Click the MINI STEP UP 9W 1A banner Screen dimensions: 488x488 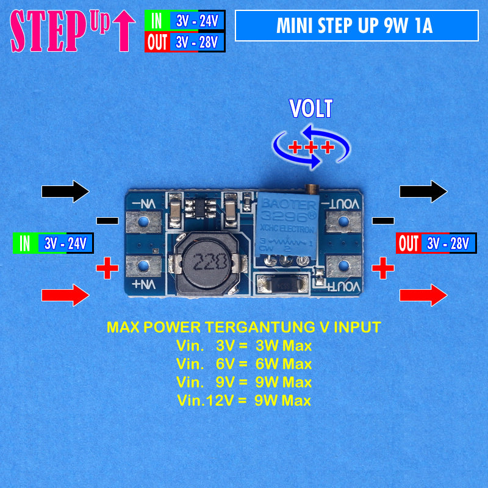point(356,26)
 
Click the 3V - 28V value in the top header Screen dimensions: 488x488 point(197,43)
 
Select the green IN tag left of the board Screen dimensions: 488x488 point(25,243)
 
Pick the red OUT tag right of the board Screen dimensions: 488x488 point(408,244)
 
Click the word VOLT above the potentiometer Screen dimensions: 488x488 point(311,109)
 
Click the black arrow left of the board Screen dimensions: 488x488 point(65,191)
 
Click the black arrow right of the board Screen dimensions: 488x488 point(423,191)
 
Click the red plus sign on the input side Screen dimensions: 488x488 point(107,267)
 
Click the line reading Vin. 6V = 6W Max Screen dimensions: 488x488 point(244,364)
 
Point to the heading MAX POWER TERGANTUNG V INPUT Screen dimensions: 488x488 point(244,328)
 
